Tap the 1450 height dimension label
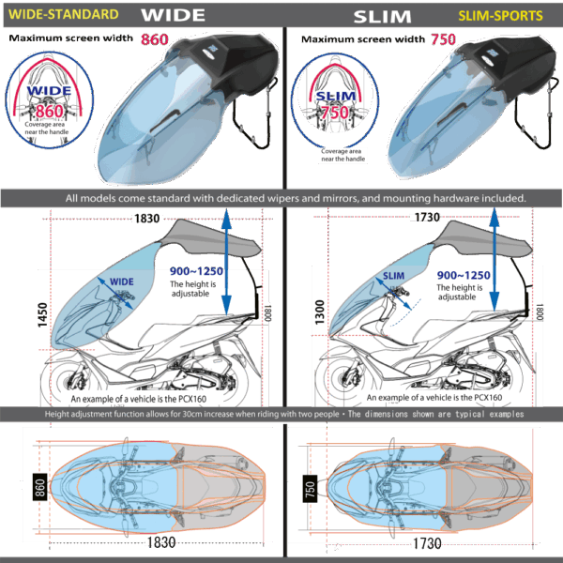click(x=42, y=315)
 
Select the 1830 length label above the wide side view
click(x=146, y=219)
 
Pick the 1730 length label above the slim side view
click(x=427, y=219)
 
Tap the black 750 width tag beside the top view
click(x=311, y=489)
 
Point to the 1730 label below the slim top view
click(x=427, y=543)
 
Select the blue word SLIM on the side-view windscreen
click(x=394, y=275)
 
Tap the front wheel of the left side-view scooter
click(x=70, y=384)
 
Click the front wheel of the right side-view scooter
click(x=342, y=384)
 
